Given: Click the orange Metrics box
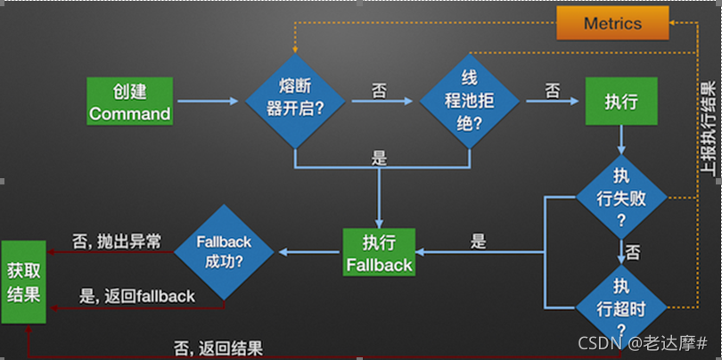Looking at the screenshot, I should point(612,23).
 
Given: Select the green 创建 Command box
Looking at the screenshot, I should point(129,102).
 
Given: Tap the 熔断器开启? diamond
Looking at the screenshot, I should point(295,102).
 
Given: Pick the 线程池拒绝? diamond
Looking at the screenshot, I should point(469,102).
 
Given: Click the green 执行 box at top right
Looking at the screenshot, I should point(621,102).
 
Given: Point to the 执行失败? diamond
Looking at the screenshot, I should point(621,197).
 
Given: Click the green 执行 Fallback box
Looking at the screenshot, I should point(379,252).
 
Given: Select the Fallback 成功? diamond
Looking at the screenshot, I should point(223,252).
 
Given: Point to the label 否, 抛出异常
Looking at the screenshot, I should point(117,241).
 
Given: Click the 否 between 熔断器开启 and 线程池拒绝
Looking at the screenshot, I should point(379,90).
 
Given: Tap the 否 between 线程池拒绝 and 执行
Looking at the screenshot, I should point(552,90).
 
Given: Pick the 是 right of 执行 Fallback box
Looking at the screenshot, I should point(479,241).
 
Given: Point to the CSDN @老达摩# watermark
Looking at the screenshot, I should point(643,343).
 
